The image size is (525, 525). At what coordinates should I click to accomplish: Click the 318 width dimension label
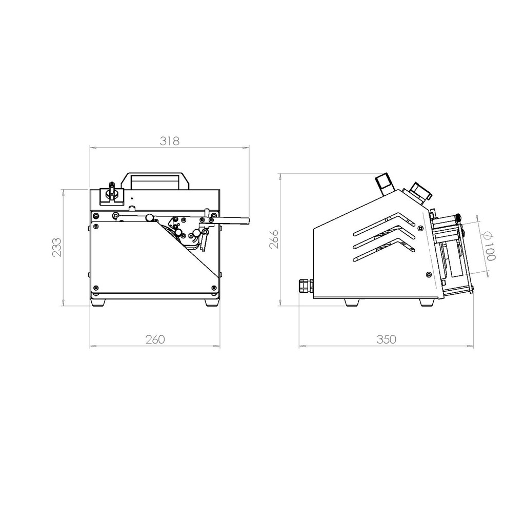(x=169, y=141)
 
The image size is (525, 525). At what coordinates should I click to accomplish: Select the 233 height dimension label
(x=56, y=247)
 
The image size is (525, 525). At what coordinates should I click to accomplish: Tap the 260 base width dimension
(x=155, y=339)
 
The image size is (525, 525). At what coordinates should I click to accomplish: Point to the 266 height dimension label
(x=274, y=239)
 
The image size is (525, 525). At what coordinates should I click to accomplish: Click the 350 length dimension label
(x=386, y=339)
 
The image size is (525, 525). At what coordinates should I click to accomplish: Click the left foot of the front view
(x=98, y=302)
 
